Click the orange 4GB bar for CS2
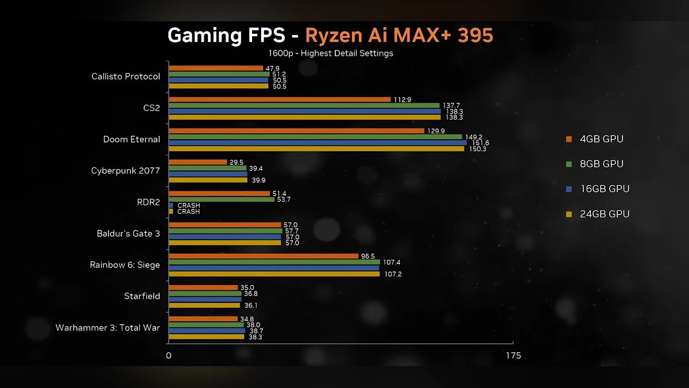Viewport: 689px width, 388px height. [280, 99]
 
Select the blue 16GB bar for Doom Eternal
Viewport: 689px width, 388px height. [318, 143]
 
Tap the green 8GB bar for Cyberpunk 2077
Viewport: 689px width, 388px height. [207, 168]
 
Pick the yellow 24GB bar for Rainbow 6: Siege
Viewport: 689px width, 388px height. [274, 274]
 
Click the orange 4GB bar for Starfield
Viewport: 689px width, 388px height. [203, 287]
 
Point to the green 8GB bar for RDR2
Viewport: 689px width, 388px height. [221, 199]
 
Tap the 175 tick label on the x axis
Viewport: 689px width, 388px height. [513, 356]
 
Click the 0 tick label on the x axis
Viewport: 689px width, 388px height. [169, 356]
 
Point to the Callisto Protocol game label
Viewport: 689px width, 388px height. [126, 76]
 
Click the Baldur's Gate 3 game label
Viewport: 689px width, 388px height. [129, 233]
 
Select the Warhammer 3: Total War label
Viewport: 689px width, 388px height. [108, 328]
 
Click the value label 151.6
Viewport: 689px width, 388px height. [480, 143]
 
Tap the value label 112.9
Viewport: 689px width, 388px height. [402, 99]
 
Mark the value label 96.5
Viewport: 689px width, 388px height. [368, 256]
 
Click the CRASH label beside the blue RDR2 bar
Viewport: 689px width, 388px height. [188, 205]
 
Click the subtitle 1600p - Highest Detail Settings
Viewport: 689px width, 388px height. [330, 53]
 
